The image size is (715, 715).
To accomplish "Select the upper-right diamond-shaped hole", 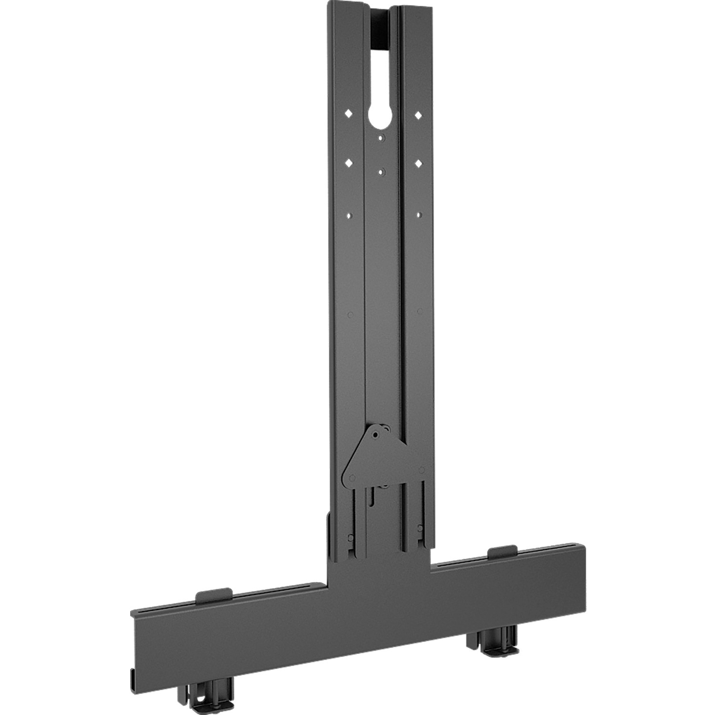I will (x=418, y=115).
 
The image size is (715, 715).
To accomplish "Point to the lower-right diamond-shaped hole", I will (x=418, y=163).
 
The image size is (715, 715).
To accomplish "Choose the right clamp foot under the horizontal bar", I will (x=491, y=637).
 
